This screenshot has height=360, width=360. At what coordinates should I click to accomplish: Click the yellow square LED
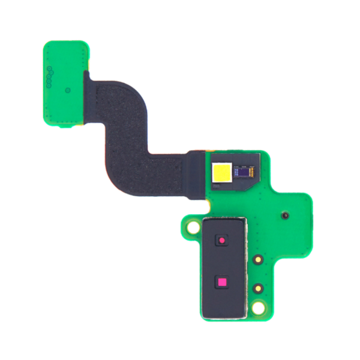click(221, 174)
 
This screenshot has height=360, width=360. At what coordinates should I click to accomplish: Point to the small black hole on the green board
click(285, 214)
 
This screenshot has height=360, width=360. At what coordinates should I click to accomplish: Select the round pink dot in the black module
click(222, 241)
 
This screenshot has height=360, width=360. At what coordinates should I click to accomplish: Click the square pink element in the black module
click(222, 282)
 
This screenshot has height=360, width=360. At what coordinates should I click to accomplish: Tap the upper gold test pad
click(257, 260)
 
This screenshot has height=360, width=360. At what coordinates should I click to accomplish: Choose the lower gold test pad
click(257, 287)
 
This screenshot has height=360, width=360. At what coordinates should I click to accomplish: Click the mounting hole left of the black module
click(193, 228)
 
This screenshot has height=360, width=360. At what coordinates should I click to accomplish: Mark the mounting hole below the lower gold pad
click(259, 308)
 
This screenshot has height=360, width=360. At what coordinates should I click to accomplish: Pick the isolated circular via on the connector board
click(68, 90)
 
